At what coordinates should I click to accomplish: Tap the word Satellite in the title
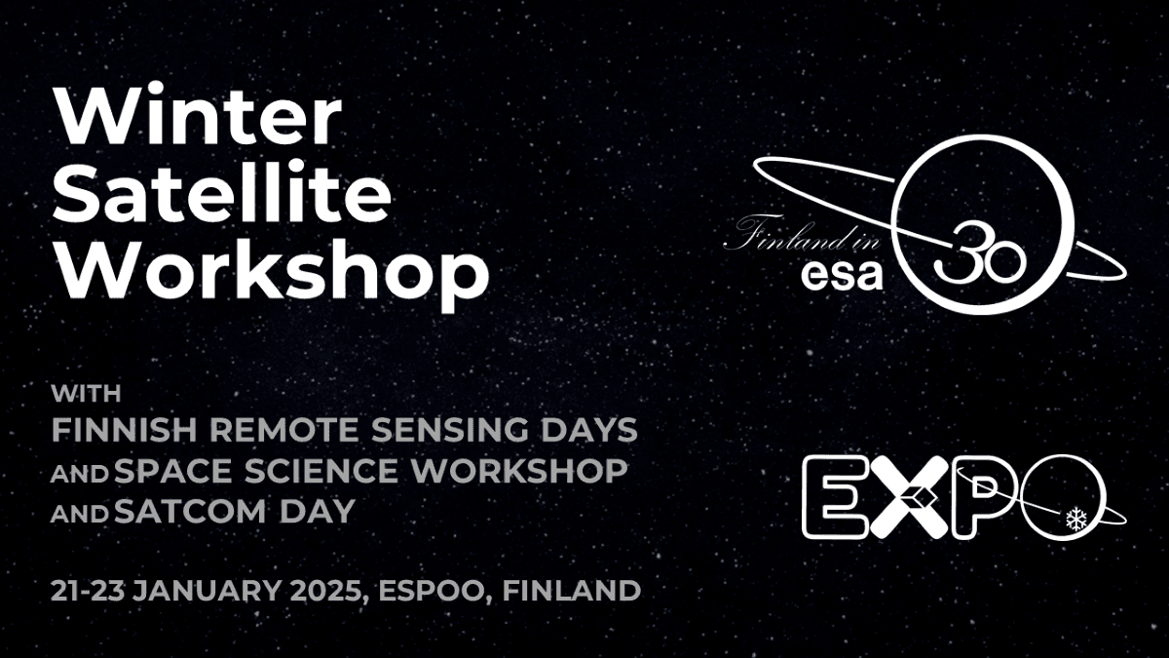point(221,194)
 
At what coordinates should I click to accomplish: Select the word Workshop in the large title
point(271,275)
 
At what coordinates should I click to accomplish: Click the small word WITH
point(86,393)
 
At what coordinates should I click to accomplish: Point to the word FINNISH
point(125,430)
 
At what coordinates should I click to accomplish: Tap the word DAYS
point(589,430)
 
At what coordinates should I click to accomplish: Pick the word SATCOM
point(191,511)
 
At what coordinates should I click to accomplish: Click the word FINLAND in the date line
point(572,591)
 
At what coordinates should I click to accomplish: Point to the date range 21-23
point(87,591)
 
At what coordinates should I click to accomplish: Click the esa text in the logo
point(842,275)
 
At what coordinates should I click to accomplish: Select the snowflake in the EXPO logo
point(1075,520)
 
